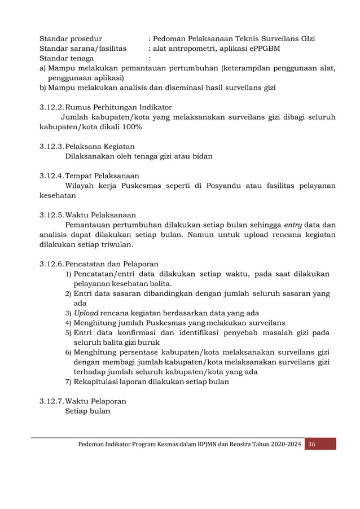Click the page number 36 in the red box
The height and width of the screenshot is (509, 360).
tap(311, 445)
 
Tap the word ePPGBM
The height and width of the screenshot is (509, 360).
tap(261, 49)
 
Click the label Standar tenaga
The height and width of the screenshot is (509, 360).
tap(67, 58)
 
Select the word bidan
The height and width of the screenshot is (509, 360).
tap(201, 156)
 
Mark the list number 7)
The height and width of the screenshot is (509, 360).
tap(68, 382)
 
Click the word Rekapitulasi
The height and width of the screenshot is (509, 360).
tap(98, 382)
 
